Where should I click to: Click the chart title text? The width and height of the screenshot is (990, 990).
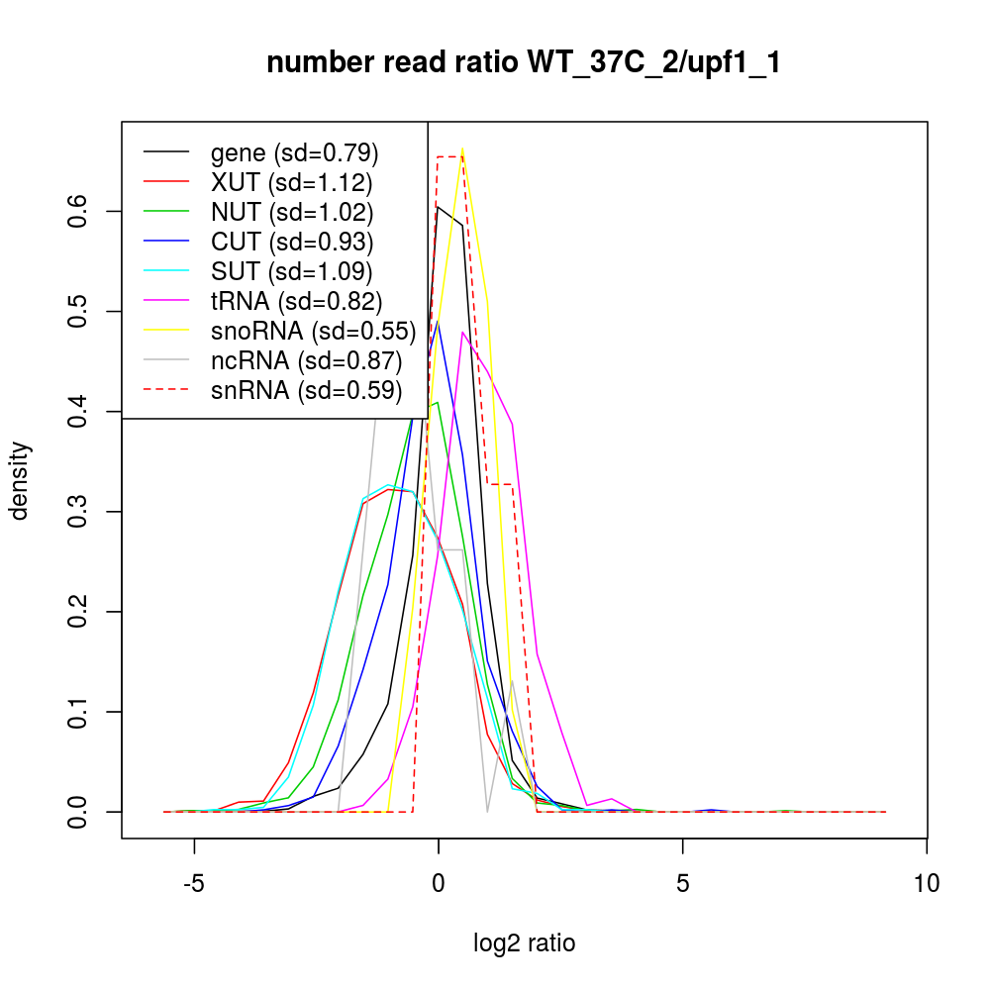coord(525,63)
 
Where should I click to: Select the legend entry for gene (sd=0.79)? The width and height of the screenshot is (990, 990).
coord(295,153)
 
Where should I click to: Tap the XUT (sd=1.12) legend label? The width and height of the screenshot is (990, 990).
coord(291,183)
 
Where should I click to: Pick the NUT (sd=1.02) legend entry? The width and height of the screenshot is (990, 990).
coord(292,213)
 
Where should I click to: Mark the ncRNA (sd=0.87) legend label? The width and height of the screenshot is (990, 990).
coord(306,361)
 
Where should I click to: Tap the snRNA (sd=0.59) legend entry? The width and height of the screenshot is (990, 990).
coord(306,391)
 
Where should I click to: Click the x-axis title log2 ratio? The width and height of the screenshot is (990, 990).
coord(525,943)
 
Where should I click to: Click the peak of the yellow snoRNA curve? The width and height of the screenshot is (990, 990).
coord(462,149)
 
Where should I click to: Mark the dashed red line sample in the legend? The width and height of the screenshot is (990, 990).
coord(166,391)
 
